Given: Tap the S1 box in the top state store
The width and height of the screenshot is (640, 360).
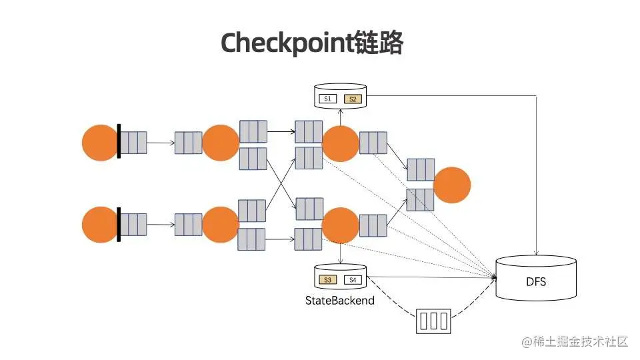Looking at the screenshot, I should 327,99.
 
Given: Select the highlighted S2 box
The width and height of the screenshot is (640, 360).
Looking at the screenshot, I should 353,99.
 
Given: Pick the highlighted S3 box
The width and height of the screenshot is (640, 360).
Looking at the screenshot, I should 328,279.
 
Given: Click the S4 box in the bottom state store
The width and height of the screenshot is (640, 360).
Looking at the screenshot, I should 353,279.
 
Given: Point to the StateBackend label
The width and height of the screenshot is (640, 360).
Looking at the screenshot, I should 339,301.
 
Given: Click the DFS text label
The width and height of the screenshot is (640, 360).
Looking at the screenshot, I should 535,281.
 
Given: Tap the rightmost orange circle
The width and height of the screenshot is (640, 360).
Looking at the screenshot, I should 451,185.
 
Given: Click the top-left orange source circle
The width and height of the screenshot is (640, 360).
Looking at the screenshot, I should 100,143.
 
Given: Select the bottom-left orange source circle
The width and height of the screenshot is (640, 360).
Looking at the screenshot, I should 100,225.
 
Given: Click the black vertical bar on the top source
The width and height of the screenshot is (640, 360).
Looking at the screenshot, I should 119,141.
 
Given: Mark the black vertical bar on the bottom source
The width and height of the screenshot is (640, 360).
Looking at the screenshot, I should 119,225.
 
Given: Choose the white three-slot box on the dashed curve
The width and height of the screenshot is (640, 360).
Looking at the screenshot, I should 433,321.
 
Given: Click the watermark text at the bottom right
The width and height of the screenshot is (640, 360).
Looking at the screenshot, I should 575,341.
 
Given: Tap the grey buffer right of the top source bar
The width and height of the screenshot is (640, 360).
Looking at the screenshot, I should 133,143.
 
